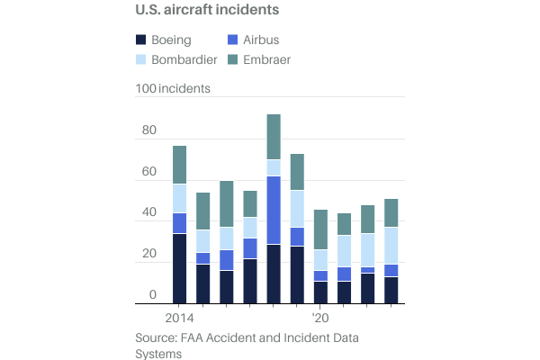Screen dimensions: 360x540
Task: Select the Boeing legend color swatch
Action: tap(141, 40)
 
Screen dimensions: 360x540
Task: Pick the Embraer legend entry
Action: tap(268, 59)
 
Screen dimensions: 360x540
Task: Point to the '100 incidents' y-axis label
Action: tap(173, 89)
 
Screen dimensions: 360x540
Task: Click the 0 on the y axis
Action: tap(153, 295)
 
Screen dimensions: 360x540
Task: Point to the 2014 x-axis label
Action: tap(179, 319)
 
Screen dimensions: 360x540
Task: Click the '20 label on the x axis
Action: tap(320, 319)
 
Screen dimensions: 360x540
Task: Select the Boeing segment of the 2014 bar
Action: tap(179, 268)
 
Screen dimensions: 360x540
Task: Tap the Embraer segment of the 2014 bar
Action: tap(179, 165)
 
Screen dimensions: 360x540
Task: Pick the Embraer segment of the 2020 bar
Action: tap(320, 229)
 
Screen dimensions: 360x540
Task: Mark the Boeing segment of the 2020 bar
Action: tap(320, 292)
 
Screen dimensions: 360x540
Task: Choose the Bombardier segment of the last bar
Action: tap(391, 246)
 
